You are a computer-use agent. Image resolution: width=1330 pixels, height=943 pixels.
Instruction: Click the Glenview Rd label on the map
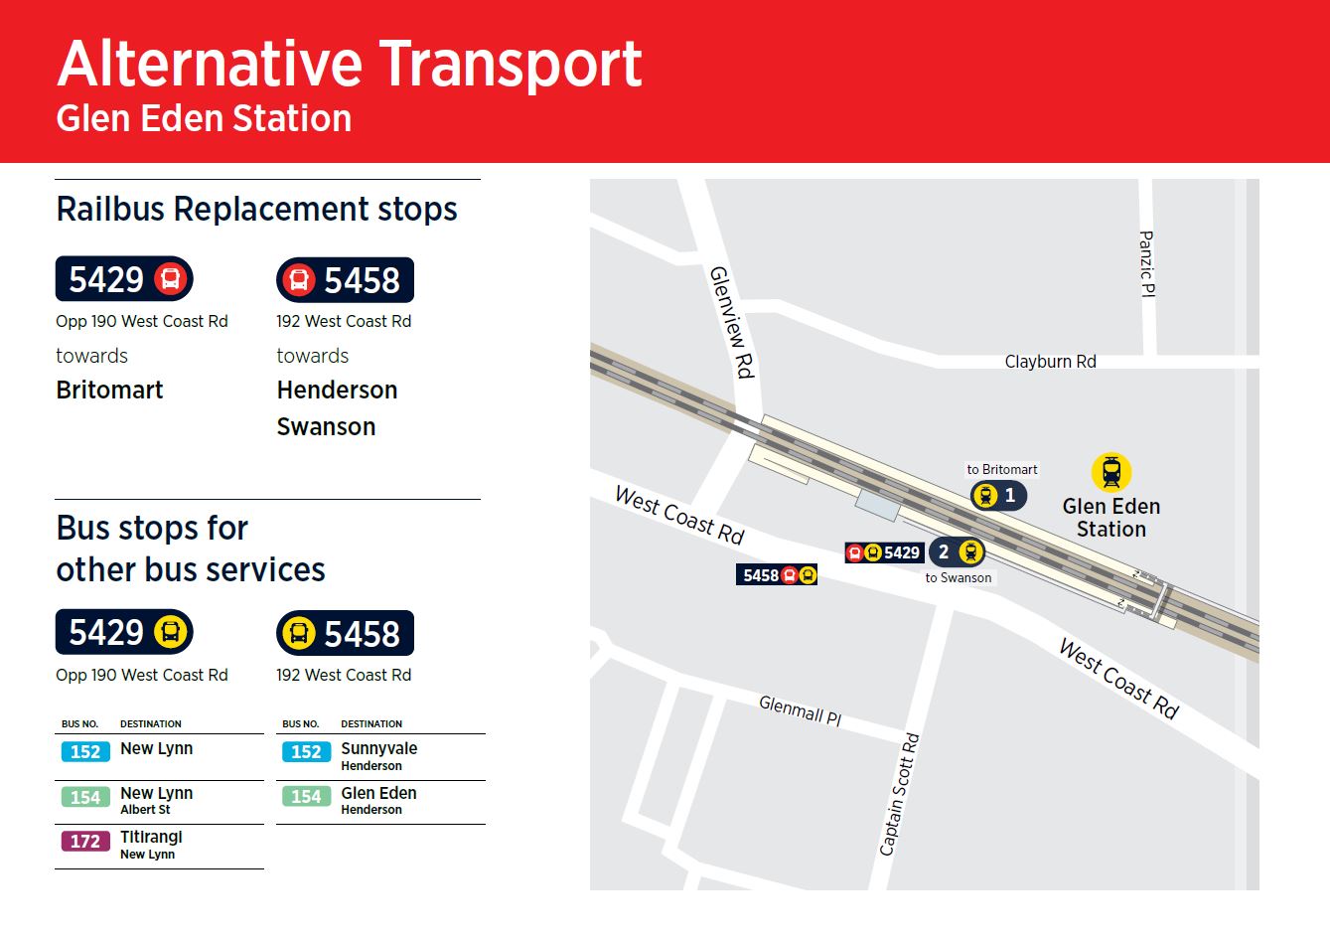pyautogui.click(x=732, y=322)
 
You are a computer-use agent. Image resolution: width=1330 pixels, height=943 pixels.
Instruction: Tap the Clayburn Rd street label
pyautogui.click(x=1050, y=362)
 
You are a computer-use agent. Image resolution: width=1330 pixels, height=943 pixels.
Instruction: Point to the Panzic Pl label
pyautogui.click(x=1146, y=263)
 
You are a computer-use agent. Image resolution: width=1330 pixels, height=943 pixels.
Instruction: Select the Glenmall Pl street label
pyautogui.click(x=800, y=709)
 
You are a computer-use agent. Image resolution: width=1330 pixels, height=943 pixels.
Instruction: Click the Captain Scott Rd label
pyautogui.click(x=899, y=794)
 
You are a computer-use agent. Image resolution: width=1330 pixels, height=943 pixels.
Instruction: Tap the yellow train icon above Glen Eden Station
pyautogui.click(x=1110, y=472)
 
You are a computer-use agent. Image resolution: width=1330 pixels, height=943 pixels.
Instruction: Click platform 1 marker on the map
pyautogui.click(x=998, y=495)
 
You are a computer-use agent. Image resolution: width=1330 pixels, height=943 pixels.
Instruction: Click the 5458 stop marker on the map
pyautogui.click(x=777, y=574)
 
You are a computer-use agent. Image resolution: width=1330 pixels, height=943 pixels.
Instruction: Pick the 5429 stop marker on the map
pyautogui.click(x=884, y=552)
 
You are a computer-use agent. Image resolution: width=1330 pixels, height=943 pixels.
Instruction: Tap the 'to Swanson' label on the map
pyautogui.click(x=958, y=577)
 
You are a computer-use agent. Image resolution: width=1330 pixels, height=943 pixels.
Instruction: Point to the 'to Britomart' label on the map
pyautogui.click(x=1001, y=469)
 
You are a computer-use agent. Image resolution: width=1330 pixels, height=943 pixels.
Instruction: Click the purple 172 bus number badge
pyautogui.click(x=84, y=842)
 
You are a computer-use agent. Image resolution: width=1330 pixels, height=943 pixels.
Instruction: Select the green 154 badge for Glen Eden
pyautogui.click(x=306, y=797)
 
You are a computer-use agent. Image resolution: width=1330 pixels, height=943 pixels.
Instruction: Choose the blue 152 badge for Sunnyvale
pyautogui.click(x=306, y=752)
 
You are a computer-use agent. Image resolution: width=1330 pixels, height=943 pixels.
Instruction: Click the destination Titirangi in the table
pyautogui.click(x=151, y=837)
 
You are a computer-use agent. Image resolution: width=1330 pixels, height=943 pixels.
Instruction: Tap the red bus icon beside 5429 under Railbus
pyautogui.click(x=171, y=278)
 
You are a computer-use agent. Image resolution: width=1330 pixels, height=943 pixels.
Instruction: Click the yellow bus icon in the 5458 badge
pyautogui.click(x=298, y=633)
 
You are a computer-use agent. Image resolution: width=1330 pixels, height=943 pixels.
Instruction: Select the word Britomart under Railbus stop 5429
pyautogui.click(x=109, y=390)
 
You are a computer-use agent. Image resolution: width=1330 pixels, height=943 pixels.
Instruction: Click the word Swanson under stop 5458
pyautogui.click(x=326, y=426)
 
